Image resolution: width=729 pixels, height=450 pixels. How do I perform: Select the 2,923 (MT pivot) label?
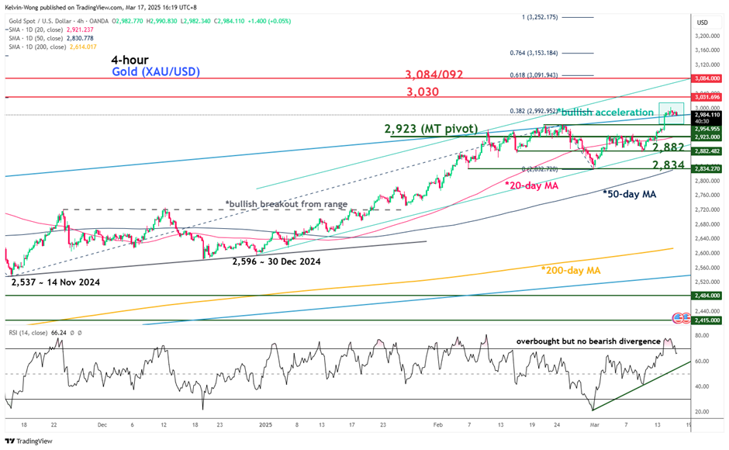pos(433,127)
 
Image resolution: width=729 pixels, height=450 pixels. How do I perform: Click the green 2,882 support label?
pos(668,147)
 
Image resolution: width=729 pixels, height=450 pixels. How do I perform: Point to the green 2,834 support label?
pos(668,164)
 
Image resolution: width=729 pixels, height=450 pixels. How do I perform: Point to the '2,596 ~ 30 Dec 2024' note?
pos(276,261)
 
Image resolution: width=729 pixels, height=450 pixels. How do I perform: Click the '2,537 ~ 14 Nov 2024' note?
pos(56,282)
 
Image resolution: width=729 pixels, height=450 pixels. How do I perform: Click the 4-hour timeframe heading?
pos(130,60)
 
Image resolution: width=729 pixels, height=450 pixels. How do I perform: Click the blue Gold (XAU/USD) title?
pos(155,72)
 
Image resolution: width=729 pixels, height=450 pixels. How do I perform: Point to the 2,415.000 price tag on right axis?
pos(707,320)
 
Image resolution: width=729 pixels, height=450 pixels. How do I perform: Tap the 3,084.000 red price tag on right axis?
pos(707,78)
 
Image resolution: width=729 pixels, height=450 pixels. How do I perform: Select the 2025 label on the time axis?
pos(265,425)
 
